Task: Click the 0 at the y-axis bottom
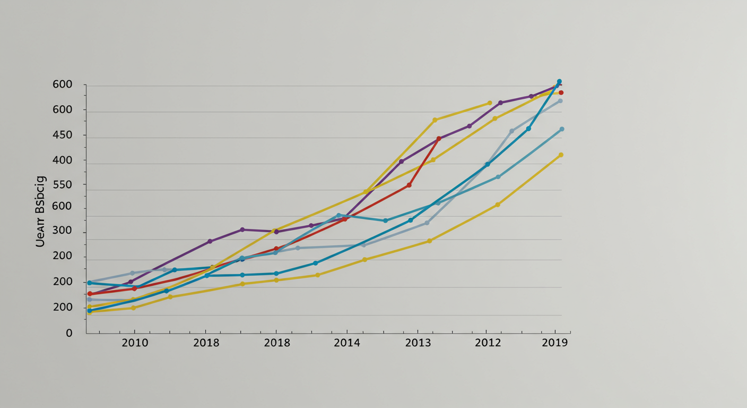69,333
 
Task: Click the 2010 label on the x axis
135,343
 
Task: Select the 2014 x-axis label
347,343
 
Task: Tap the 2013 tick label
418,343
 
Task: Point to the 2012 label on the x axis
488,343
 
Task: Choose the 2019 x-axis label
555,343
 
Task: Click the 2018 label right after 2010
206,343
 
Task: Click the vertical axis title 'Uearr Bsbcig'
40,211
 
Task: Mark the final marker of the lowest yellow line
561,155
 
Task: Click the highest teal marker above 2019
559,82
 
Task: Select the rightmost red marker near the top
561,92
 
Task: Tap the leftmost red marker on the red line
90,294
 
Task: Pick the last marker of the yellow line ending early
490,103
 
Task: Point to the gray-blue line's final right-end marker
560,101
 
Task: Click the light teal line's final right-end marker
562,129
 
